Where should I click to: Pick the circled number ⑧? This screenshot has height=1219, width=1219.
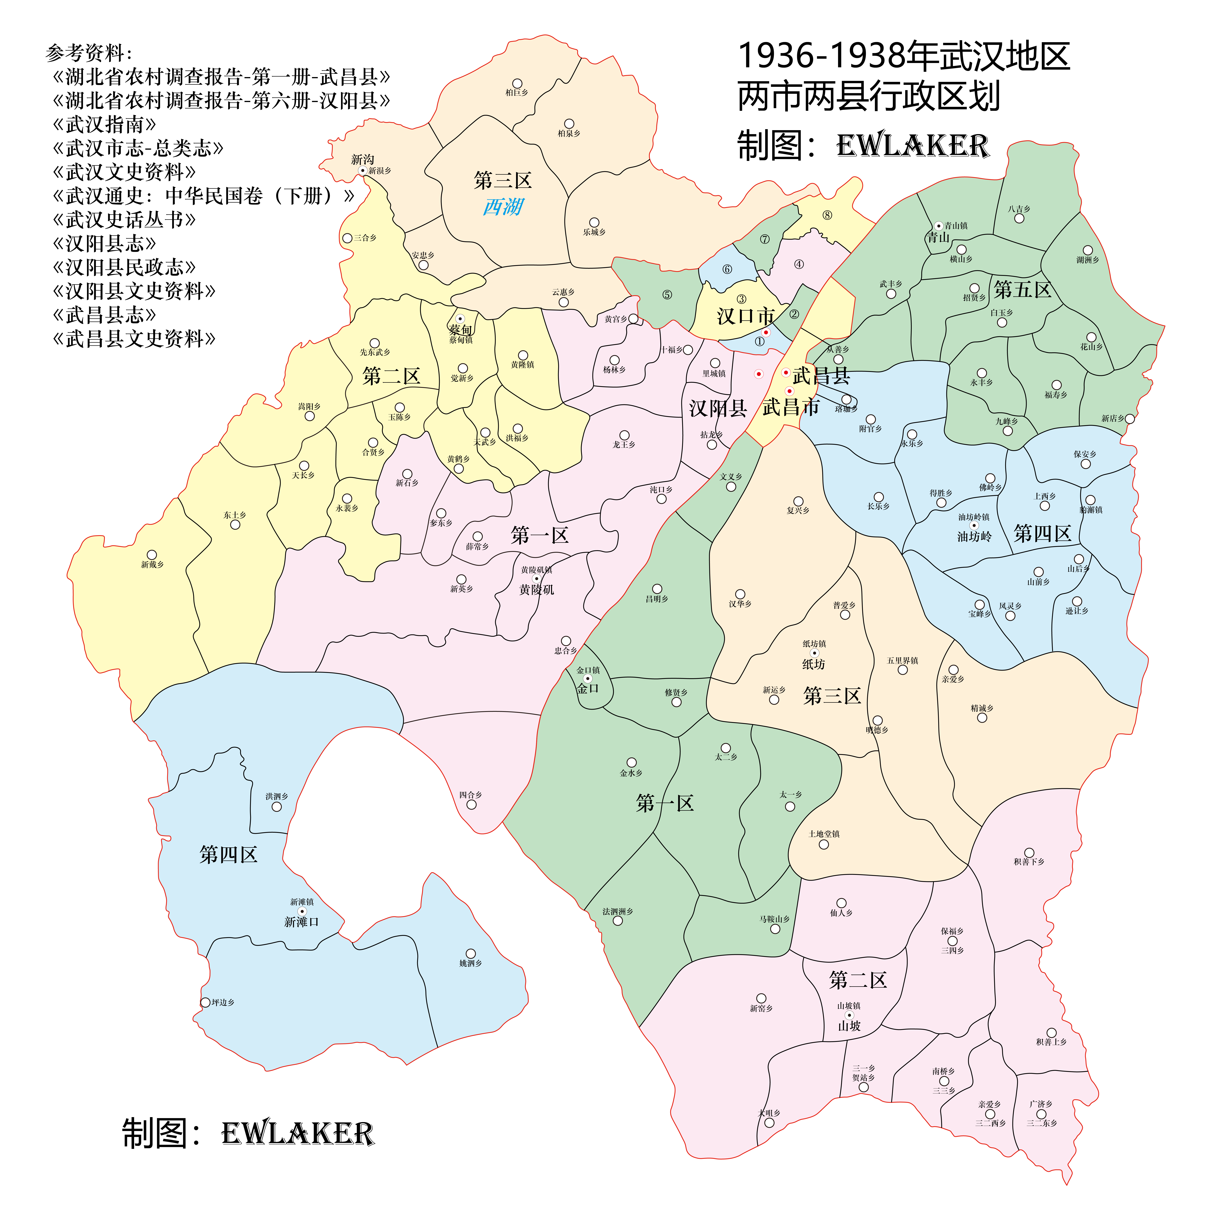point(827,215)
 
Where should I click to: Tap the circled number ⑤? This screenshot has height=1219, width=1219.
point(667,295)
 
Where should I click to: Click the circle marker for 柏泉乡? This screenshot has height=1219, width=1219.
point(569,124)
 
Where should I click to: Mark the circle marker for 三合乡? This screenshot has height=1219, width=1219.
point(347,238)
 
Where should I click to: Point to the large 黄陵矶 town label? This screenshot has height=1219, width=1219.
point(536,589)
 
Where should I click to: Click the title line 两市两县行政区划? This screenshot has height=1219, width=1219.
point(869,97)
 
